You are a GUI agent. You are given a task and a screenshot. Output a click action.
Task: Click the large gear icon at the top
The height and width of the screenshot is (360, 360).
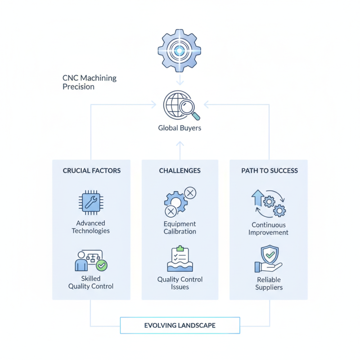(x=180, y=51)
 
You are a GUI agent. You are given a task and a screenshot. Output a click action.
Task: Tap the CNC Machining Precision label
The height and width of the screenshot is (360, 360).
(x=89, y=82)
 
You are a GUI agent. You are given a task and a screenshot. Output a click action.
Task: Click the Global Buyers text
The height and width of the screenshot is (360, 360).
(x=180, y=128)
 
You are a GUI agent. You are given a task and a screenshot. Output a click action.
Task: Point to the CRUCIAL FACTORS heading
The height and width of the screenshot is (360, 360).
(x=91, y=171)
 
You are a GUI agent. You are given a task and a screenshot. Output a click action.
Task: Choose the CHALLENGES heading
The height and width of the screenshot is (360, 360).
(x=180, y=171)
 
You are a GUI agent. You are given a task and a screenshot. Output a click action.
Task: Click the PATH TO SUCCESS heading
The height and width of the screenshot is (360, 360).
(x=269, y=171)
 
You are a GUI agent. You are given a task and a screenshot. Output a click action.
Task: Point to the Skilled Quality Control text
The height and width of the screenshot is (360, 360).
(x=91, y=282)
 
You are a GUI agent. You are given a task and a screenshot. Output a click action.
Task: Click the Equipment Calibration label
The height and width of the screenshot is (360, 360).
(x=180, y=227)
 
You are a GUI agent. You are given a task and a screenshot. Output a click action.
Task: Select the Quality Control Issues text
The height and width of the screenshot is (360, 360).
(x=180, y=283)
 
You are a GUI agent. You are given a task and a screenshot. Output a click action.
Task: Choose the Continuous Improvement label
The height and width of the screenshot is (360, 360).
(x=269, y=229)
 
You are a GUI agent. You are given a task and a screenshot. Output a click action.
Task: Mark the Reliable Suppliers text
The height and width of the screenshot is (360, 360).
(x=269, y=283)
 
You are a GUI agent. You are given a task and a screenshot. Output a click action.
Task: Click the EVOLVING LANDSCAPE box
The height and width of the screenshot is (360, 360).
(x=180, y=325)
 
